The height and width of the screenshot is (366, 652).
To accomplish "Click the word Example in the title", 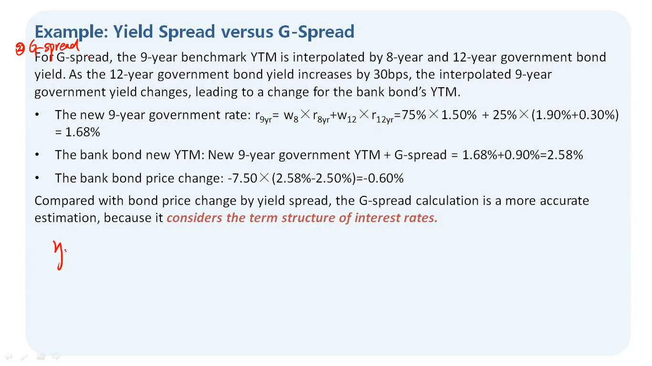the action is [x=72, y=32].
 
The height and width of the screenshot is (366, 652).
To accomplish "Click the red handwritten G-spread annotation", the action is [x=54, y=47].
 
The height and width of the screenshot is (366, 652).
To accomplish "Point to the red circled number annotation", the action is [x=20, y=49].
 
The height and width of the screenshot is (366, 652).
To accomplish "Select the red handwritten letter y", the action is [x=59, y=255].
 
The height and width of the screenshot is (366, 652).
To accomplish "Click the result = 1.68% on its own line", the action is [x=77, y=132].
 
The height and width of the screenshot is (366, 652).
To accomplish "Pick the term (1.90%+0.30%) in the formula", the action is [x=575, y=115].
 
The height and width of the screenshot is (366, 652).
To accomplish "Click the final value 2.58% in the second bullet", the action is [x=565, y=155].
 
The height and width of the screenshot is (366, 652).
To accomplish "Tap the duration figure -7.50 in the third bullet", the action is [x=242, y=178].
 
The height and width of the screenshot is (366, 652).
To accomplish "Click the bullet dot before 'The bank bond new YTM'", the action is [x=37, y=154].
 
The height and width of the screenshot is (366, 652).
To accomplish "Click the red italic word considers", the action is [x=194, y=218].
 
